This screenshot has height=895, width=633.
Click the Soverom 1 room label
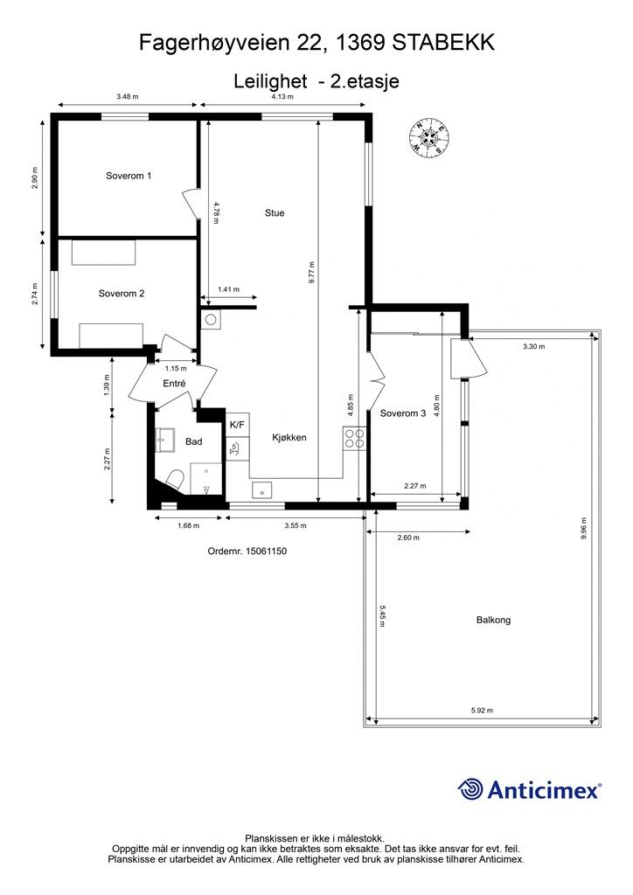point(129,176)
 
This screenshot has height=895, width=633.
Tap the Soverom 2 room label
point(121,294)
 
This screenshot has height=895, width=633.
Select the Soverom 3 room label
point(403,413)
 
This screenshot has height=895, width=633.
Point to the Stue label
point(275,213)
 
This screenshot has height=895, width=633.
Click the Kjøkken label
point(289,438)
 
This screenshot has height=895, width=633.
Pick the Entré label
point(174,384)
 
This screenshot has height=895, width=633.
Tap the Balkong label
point(493,620)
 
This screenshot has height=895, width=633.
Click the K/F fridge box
point(238,425)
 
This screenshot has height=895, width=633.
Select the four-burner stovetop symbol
point(354,438)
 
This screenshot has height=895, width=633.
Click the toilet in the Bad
point(174,481)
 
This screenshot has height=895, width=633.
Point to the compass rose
point(428,137)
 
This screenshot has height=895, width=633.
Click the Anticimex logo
point(530,790)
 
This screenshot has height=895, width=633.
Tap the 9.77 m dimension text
point(311,273)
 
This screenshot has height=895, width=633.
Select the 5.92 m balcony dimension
point(482,711)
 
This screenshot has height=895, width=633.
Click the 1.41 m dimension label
point(228,289)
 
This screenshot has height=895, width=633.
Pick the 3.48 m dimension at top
point(128,96)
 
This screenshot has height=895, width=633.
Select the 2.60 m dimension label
point(408,538)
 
